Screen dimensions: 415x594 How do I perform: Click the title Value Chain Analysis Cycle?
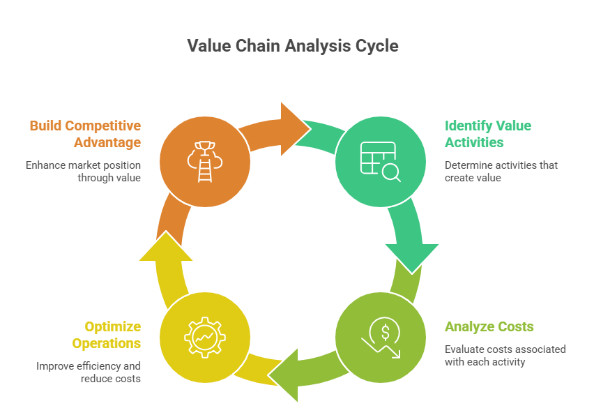293,46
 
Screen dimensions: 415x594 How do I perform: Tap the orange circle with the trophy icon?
204,162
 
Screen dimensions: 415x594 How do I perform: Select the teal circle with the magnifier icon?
380,162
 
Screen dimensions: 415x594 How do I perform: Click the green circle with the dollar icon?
380,338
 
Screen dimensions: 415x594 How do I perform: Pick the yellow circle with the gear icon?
204,338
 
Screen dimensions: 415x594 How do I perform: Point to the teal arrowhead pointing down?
411,256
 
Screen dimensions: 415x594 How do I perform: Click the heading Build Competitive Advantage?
85,134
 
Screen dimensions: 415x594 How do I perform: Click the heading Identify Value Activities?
487,134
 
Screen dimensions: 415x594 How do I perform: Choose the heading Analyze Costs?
489,326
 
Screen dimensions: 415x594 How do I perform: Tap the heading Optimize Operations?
112,335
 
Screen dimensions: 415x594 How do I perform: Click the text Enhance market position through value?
84,172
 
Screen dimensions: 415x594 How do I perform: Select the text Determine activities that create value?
501,172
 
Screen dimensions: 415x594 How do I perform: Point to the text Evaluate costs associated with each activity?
505,355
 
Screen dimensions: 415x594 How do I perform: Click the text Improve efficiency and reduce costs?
89,372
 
